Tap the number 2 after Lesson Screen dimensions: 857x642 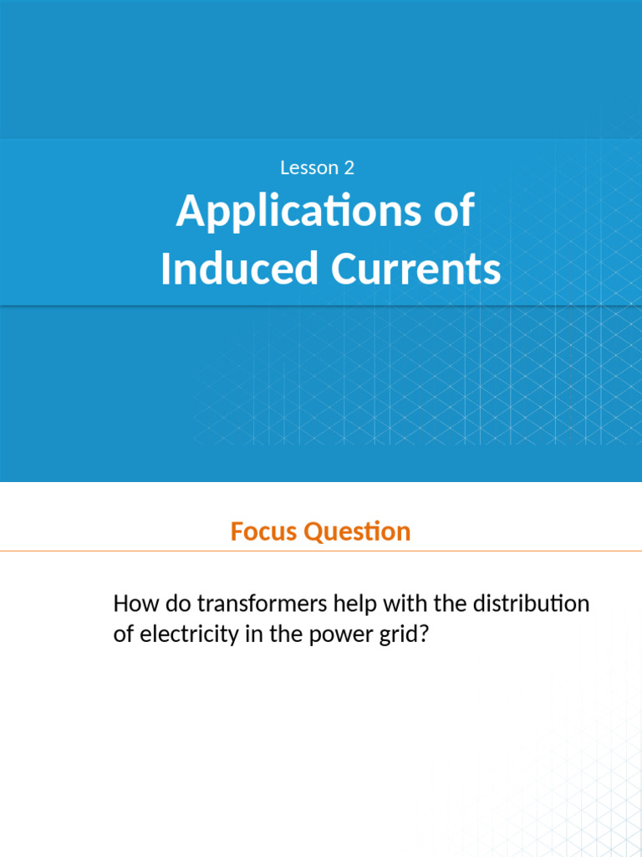(x=349, y=167)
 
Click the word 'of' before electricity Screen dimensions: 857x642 (x=123, y=635)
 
